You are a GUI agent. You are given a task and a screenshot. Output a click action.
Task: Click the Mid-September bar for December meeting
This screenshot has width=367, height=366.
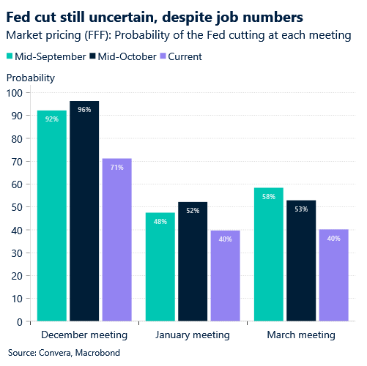[x=52, y=215]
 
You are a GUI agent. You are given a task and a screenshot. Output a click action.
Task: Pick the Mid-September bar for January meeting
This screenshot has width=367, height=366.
[x=160, y=266]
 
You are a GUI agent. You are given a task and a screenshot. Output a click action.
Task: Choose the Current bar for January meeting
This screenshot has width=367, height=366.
[x=225, y=275]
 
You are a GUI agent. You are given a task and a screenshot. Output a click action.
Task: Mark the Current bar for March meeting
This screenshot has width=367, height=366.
[x=333, y=275]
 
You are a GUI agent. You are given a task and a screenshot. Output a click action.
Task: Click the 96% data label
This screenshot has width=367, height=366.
[x=84, y=110]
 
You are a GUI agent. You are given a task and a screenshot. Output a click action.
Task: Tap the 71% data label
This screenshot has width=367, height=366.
[x=117, y=168]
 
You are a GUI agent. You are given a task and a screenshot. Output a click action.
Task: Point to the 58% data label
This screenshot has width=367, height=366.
[x=269, y=197]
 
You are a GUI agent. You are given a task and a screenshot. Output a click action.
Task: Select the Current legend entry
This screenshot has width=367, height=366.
[x=180, y=56]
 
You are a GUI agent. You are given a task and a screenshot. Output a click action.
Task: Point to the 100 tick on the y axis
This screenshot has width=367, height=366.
[x=15, y=93]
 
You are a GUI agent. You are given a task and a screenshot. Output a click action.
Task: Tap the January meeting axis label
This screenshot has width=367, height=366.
[x=193, y=335]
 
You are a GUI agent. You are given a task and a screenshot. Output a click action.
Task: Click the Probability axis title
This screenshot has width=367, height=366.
[x=30, y=78]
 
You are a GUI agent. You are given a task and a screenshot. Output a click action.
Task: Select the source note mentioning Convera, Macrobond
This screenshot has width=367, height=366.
[x=59, y=353]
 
